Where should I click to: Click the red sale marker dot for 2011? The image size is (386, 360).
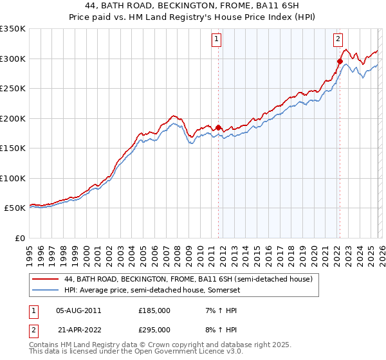pyautogui.click(x=218, y=127)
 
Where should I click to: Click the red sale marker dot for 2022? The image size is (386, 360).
pyautogui.click(x=340, y=62)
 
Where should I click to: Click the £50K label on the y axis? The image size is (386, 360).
pyautogui.click(x=15, y=208)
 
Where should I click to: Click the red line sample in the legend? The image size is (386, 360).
pyautogui.click(x=46, y=279)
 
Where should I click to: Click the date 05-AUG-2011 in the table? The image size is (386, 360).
pyautogui.click(x=78, y=310)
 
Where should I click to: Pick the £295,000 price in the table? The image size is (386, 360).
pyautogui.click(x=154, y=329)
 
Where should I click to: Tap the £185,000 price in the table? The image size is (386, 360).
pyautogui.click(x=154, y=310)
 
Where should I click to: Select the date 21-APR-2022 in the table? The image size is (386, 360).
pyautogui.click(x=78, y=329)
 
